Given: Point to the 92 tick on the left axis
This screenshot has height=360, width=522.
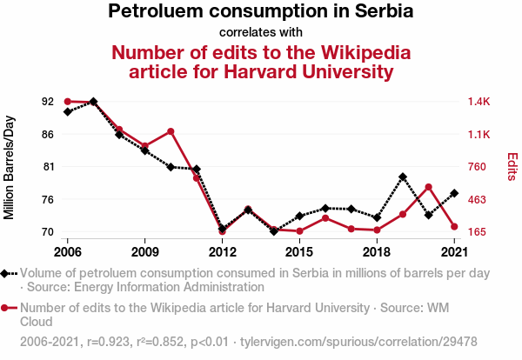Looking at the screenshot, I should pyautogui.click(x=47, y=102).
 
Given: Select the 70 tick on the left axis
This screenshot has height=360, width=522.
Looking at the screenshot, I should pyautogui.click(x=47, y=232).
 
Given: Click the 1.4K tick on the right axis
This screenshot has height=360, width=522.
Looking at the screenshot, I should pyautogui.click(x=479, y=102).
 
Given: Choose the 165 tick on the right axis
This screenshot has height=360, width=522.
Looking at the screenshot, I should pyautogui.click(x=478, y=232).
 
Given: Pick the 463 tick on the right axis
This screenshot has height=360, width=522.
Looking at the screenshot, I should pyautogui.click(x=478, y=200).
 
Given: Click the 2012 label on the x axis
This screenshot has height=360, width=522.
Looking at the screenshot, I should pyautogui.click(x=223, y=252).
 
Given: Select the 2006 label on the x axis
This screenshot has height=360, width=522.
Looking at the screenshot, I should pyautogui.click(x=68, y=252).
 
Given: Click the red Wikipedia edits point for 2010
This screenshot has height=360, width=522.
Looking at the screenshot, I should pyautogui.click(x=171, y=131).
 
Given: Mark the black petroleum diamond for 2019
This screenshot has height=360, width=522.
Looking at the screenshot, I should pyautogui.click(x=403, y=177).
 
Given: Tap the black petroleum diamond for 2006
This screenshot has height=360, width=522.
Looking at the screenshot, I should pyautogui.click(x=68, y=111).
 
